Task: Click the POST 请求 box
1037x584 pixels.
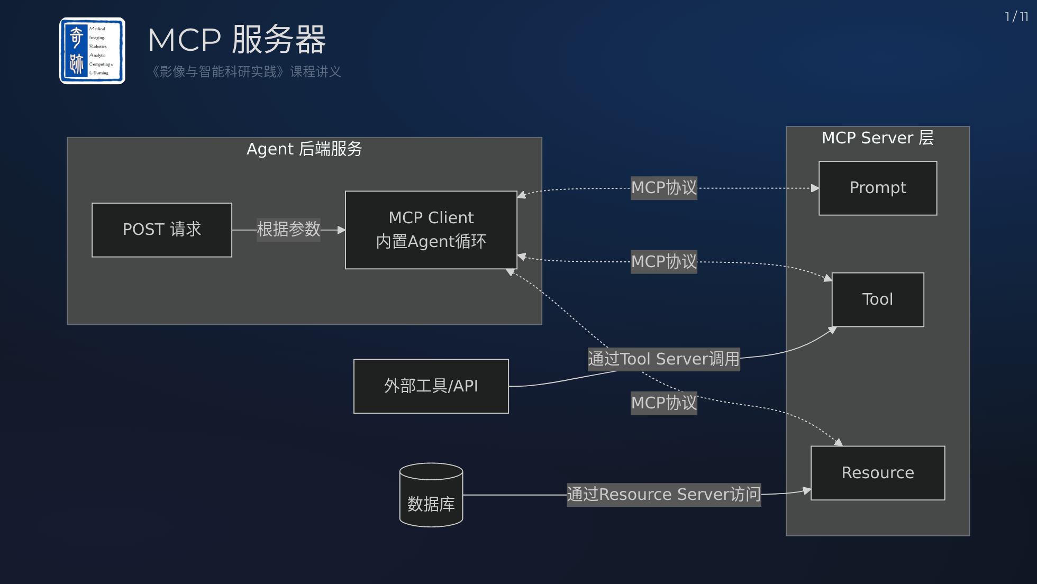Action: click(x=162, y=230)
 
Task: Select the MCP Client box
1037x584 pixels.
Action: click(x=431, y=230)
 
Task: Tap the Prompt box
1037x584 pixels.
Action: click(x=878, y=188)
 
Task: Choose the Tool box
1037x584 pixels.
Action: click(x=878, y=300)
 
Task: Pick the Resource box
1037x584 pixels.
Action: click(x=878, y=473)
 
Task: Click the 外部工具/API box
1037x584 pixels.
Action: click(x=431, y=386)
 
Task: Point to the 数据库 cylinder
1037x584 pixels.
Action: click(x=431, y=495)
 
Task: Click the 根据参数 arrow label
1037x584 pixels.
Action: click(x=288, y=230)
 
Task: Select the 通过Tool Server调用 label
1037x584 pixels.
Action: click(x=663, y=359)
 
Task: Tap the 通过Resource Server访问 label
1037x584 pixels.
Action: click(x=663, y=495)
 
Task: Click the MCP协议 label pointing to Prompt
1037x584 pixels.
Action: click(x=664, y=188)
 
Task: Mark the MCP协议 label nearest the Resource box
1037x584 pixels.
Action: click(x=664, y=403)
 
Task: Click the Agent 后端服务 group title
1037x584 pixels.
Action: click(x=304, y=149)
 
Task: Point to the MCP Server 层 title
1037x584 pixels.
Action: click(x=878, y=138)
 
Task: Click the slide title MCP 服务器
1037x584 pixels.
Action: click(x=237, y=40)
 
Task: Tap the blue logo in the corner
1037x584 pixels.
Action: click(x=93, y=51)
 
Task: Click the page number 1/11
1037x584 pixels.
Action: click(x=1016, y=17)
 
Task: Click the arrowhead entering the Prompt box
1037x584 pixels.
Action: click(x=815, y=188)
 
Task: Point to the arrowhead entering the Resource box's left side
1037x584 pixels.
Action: click(x=807, y=491)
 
